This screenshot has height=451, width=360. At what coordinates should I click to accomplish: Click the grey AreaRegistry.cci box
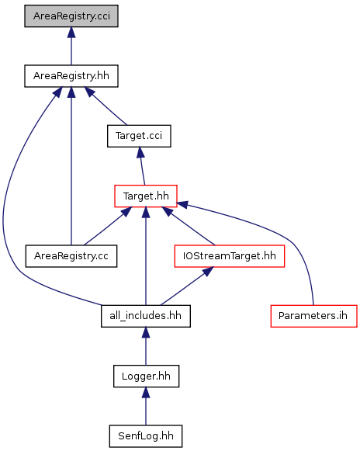point(71,16)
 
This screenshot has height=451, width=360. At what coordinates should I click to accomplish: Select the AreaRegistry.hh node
point(71,76)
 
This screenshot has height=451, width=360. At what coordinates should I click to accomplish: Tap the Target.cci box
point(139,136)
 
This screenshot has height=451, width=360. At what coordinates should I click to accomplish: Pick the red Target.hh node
point(146,196)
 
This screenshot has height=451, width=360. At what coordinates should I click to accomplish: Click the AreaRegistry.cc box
point(71,256)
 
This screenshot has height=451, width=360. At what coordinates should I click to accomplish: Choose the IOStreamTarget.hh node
point(230,256)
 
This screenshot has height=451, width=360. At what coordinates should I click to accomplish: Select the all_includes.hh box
point(146,316)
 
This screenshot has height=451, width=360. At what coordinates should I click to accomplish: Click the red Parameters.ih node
point(313,316)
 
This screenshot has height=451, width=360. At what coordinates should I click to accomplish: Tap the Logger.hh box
point(146,376)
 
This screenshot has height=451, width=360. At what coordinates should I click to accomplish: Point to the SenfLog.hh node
point(146,436)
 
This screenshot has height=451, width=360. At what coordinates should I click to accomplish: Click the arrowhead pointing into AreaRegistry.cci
point(71,32)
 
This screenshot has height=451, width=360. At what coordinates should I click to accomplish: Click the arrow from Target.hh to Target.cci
point(142,166)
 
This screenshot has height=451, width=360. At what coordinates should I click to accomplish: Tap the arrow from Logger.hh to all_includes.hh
point(146,346)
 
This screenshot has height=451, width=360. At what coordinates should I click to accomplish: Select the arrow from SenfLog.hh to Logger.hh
point(146,406)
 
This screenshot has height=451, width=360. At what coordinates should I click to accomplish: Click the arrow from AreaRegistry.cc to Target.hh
point(108,226)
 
